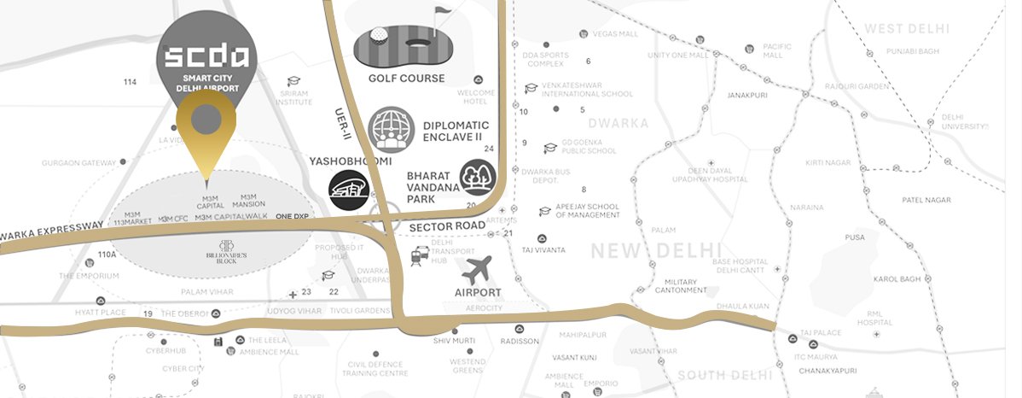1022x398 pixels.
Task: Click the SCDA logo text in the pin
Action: point(206,57)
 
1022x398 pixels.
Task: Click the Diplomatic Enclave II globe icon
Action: point(391,130)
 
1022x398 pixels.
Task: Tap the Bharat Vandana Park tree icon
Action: point(476,178)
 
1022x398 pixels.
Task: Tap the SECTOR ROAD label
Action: point(446,226)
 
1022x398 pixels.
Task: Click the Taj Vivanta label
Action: point(543,249)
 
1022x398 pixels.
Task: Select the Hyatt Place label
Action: point(101,313)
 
